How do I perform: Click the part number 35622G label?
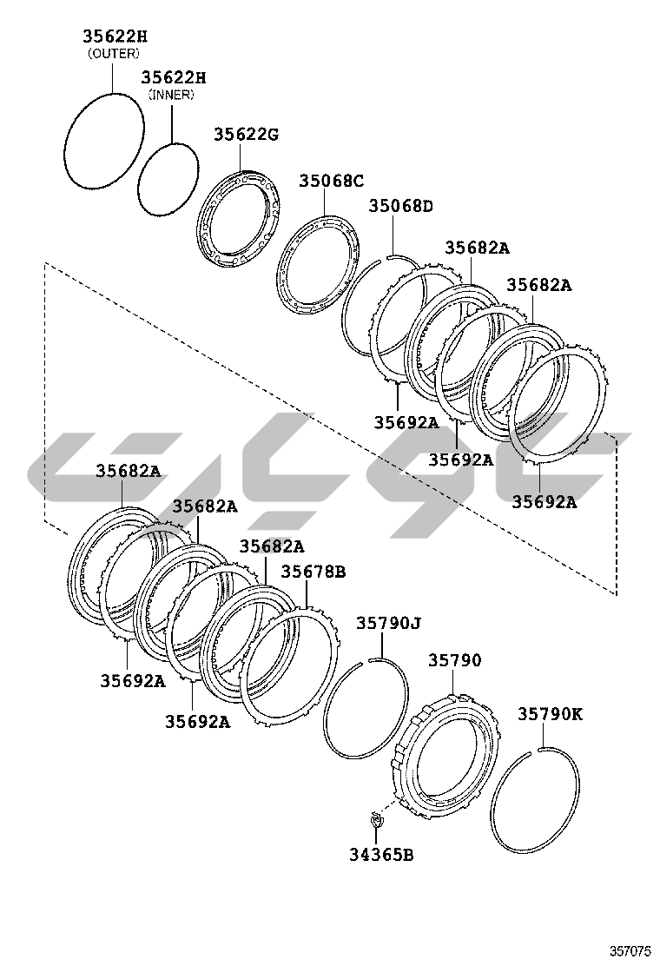click(247, 134)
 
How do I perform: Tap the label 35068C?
click(331, 181)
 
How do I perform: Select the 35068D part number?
click(400, 206)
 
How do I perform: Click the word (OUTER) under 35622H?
click(113, 53)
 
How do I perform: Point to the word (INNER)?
click(170, 95)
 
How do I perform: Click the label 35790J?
click(388, 623)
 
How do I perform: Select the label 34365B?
click(381, 854)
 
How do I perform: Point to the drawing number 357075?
click(629, 951)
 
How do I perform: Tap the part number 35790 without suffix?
click(453, 660)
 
